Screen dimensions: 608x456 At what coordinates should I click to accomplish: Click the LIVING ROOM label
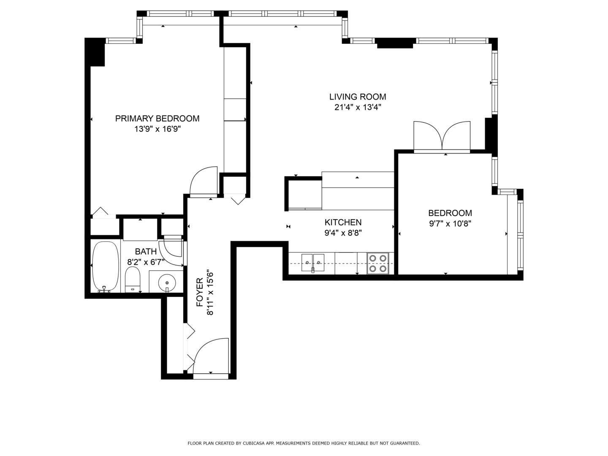click(x=357, y=97)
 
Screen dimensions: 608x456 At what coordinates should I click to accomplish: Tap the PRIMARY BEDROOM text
click(x=157, y=119)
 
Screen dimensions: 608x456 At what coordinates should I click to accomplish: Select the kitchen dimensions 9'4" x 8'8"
click(x=343, y=233)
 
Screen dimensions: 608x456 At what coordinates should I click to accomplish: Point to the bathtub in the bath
click(x=105, y=267)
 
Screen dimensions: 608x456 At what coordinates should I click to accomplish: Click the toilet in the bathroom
click(x=133, y=280)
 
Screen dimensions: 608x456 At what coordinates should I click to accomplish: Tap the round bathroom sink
click(x=167, y=283)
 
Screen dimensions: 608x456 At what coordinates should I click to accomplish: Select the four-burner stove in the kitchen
click(x=378, y=263)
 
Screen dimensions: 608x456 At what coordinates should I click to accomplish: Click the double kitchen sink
click(x=313, y=263)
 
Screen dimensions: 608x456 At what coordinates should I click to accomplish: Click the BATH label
click(x=146, y=251)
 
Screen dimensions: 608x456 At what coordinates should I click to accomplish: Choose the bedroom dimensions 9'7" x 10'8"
click(x=450, y=223)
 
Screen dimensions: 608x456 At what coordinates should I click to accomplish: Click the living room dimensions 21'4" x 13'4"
click(x=358, y=107)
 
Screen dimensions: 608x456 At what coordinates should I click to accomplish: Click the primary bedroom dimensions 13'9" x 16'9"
click(x=157, y=129)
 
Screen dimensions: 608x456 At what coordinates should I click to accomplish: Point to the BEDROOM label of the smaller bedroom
click(x=450, y=213)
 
